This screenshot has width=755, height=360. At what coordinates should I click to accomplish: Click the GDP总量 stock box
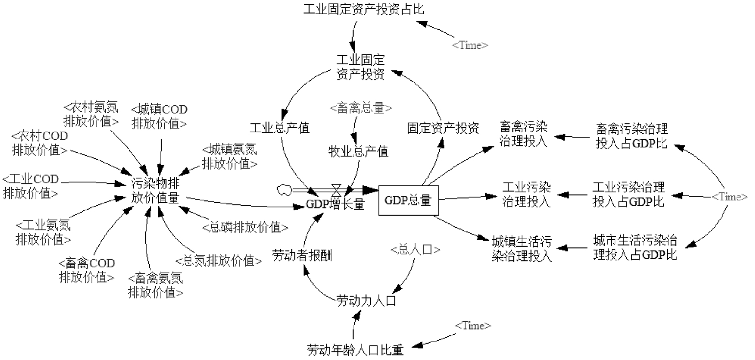pos(408,200)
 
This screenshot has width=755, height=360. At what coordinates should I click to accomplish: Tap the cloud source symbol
pos(285,189)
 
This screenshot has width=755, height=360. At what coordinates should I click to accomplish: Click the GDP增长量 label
pos(335,204)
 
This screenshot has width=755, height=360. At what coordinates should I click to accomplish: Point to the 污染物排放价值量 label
pos(156,191)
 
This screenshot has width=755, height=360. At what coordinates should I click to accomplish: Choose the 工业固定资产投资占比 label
pos(364,9)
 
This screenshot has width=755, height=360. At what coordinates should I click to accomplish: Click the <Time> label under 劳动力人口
pos(472,325)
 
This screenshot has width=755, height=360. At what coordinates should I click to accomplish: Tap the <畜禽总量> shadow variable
pos(361,108)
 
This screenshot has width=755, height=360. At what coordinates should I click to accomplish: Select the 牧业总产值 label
pos(358,151)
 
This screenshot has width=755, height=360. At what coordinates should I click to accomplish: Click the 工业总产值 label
pos(280,128)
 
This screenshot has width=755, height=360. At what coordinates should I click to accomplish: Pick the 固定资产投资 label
pos(443,128)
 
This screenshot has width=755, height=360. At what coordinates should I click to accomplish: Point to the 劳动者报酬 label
pos(302,255)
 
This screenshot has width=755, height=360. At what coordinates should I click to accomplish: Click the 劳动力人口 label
pos(366,301)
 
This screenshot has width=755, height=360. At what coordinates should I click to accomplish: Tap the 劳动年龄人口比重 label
pos(356,350)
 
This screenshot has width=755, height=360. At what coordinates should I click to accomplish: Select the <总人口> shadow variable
pos(415,250)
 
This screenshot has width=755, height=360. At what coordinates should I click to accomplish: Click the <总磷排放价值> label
pos(245,227)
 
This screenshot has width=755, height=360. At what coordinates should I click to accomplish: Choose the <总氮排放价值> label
pos(219,261)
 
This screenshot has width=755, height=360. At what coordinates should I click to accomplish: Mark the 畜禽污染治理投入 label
pos(523,134)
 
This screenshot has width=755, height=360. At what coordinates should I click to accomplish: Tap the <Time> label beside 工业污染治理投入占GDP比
pos(729,197)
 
